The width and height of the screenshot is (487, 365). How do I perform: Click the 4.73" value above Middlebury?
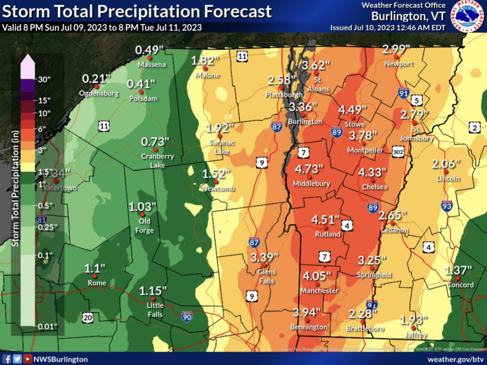pyautogui.click(x=309, y=168)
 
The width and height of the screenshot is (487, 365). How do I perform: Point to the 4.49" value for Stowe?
pyautogui.click(x=353, y=109)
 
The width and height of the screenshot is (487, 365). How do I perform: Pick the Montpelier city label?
pyautogui.click(x=365, y=150)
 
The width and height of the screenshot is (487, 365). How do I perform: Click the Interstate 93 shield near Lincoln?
pyautogui.click(x=446, y=205)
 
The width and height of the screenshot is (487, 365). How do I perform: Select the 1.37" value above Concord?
pyautogui.click(x=458, y=270)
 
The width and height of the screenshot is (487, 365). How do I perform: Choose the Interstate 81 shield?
pyautogui.click(x=41, y=220)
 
